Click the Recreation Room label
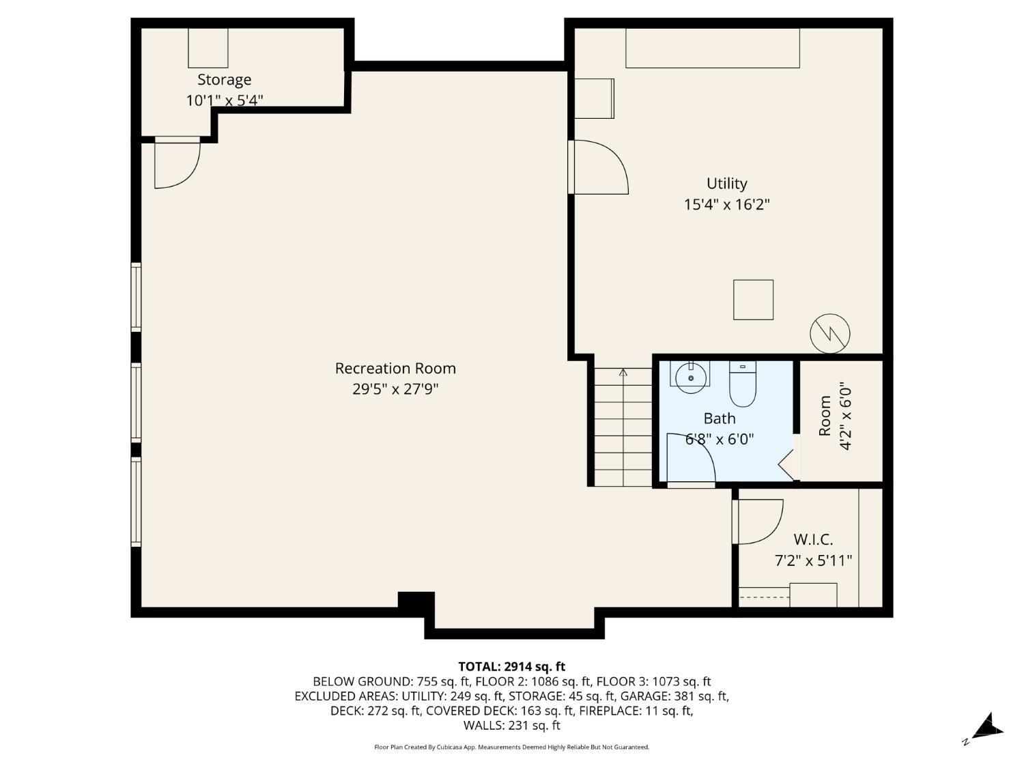pyautogui.click(x=395, y=369)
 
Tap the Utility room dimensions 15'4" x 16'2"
pyautogui.click(x=726, y=204)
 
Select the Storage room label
pyautogui.click(x=225, y=80)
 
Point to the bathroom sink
pyautogui.click(x=691, y=378)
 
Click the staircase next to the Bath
pyautogui.click(x=623, y=427)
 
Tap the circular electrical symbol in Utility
pyautogui.click(x=829, y=334)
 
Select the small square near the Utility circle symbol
pyautogui.click(x=753, y=300)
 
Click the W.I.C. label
pyautogui.click(x=813, y=540)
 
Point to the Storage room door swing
pyautogui.click(x=176, y=164)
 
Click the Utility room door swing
pyautogui.click(x=599, y=167)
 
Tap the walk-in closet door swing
pyautogui.click(x=759, y=522)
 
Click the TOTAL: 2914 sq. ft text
pyautogui.click(x=511, y=666)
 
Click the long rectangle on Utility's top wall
pyautogui.click(x=712, y=48)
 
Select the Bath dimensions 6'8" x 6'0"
pyautogui.click(x=720, y=439)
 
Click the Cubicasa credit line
pyautogui.click(x=511, y=748)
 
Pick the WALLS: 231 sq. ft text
pyautogui.click(x=511, y=726)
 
